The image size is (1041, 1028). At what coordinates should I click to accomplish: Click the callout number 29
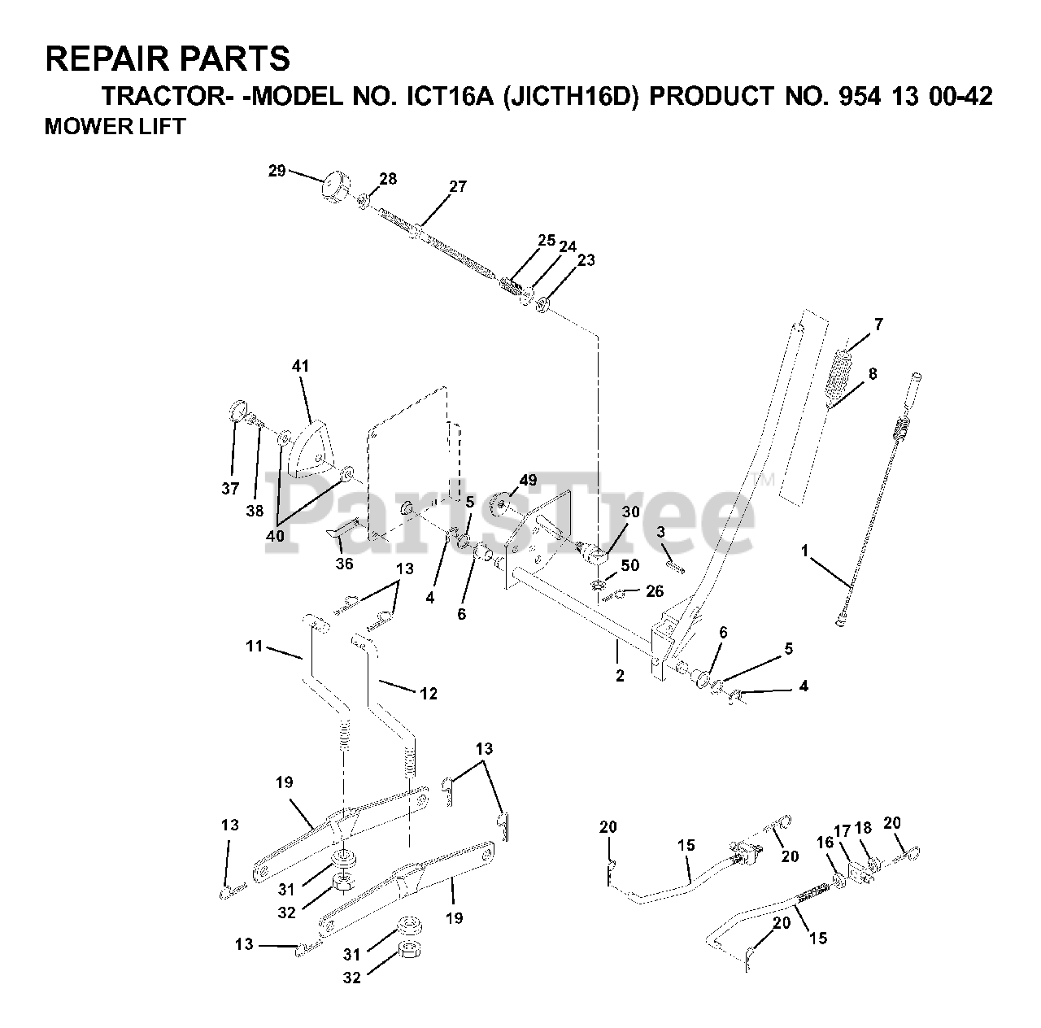pos(277,171)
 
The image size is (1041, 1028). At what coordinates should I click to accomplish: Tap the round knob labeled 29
pos(333,185)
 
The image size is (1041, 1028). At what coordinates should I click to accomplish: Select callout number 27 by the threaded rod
pos(458,186)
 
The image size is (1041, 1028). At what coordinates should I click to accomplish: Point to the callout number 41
pos(301,367)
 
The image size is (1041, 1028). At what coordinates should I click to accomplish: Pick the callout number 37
pos(230,489)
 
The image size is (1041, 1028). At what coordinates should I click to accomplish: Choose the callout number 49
pos(528,481)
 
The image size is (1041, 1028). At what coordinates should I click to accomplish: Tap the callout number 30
pos(630,512)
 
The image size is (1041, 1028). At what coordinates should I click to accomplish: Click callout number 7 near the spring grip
pos(878,325)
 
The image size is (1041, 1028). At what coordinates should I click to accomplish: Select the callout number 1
pos(804,551)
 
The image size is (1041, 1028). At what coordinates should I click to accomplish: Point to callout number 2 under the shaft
pos(620,675)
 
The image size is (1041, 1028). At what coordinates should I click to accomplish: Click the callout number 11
pos(255,647)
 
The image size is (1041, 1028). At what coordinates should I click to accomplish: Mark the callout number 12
pos(429,694)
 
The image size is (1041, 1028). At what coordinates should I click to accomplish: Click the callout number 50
pos(630,565)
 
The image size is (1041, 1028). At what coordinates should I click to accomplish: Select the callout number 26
pos(655,591)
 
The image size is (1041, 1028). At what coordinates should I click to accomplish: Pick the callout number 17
pos(843,830)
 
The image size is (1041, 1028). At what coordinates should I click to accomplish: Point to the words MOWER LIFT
pos(115,126)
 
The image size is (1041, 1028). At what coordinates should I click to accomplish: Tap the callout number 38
pos(255,511)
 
